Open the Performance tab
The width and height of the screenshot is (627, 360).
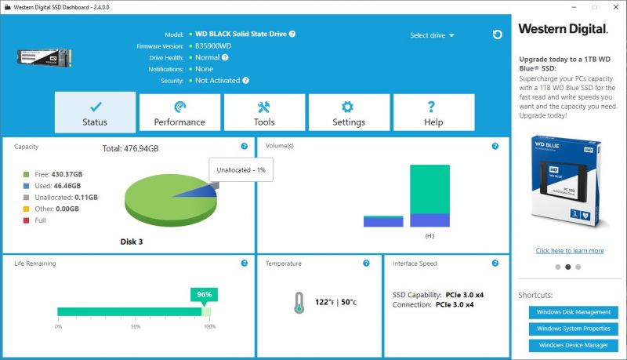click(179, 112)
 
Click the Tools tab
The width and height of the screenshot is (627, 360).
click(264, 112)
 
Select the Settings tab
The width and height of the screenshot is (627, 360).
click(349, 112)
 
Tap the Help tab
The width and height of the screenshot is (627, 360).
click(434, 112)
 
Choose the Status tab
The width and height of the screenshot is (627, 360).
click(95, 112)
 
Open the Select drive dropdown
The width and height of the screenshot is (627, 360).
click(432, 35)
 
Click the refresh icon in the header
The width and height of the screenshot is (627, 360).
click(498, 35)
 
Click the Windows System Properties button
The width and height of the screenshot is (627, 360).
click(574, 329)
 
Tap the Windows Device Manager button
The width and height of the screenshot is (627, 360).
click(574, 345)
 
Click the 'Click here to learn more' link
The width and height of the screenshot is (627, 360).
click(570, 251)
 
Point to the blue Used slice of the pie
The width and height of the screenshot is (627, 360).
click(202, 192)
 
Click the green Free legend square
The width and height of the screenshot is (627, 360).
click(27, 174)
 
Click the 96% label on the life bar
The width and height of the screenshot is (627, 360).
click(204, 295)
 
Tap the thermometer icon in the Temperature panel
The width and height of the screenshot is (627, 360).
click(299, 303)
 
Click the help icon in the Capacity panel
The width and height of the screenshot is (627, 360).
click(245, 147)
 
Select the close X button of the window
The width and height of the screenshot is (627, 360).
click(616, 7)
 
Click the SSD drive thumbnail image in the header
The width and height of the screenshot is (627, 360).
click(44, 57)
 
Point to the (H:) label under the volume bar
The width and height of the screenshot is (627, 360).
click(429, 236)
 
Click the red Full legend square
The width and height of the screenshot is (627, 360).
click(27, 220)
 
